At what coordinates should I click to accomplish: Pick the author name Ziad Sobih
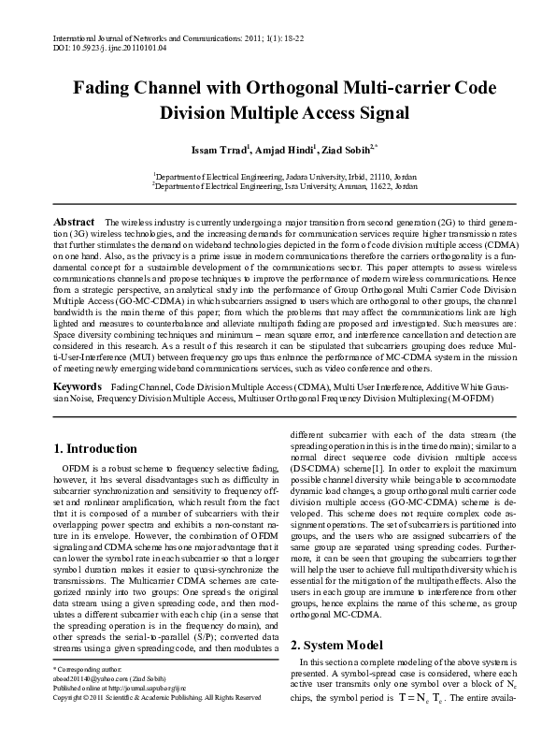pyautogui.click(x=347, y=150)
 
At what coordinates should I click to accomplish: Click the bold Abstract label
pyautogui.click(x=75, y=221)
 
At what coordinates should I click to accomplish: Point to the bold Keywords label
pyautogui.click(x=77, y=386)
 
